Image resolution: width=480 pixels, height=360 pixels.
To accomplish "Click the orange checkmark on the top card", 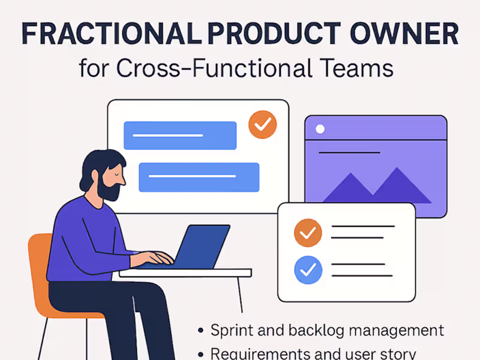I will click(263, 125).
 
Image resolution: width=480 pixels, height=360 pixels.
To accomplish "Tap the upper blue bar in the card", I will click(180, 135).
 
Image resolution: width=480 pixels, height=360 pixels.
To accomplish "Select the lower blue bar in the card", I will click(199, 177).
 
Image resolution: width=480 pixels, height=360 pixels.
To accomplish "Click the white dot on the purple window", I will click(320, 129).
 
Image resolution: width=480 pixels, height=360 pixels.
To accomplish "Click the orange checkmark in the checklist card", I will click(308, 233).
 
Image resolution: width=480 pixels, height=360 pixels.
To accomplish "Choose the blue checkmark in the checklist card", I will click(308, 270).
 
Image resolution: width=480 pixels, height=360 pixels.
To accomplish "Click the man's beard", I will click(109, 191).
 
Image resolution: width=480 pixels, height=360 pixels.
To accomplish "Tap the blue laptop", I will click(204, 246).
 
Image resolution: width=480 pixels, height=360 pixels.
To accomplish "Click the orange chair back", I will click(39, 264).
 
